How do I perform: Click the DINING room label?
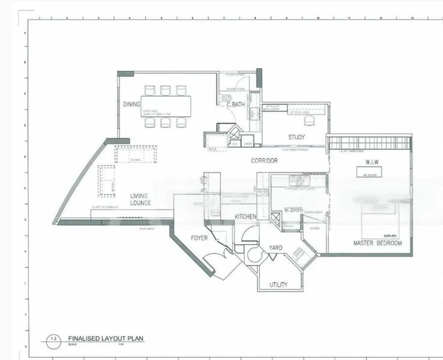[x=131, y=104]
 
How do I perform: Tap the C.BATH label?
[x=235, y=105]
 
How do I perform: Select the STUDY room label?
[x=296, y=137]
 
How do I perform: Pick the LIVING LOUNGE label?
[x=140, y=199]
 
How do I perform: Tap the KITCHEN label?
[x=246, y=216]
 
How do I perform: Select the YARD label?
[x=276, y=247]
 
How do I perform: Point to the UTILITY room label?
[x=278, y=284]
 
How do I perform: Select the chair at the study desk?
[x=309, y=121]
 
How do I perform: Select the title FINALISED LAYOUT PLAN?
[x=106, y=338]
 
